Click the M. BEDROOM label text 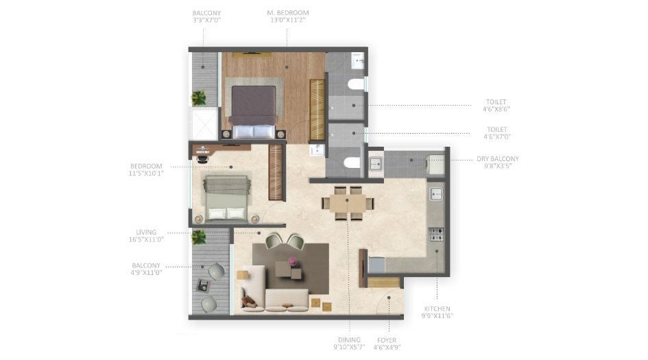(287, 12)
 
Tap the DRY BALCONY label (498, 158)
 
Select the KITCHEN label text (437, 309)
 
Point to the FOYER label (386, 340)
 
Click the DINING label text (349, 340)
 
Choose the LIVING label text (146, 232)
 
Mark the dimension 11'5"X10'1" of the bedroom (146, 173)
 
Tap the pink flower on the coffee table (293, 261)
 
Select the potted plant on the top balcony (199, 97)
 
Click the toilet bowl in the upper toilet (355, 84)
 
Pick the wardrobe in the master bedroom (317, 110)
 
